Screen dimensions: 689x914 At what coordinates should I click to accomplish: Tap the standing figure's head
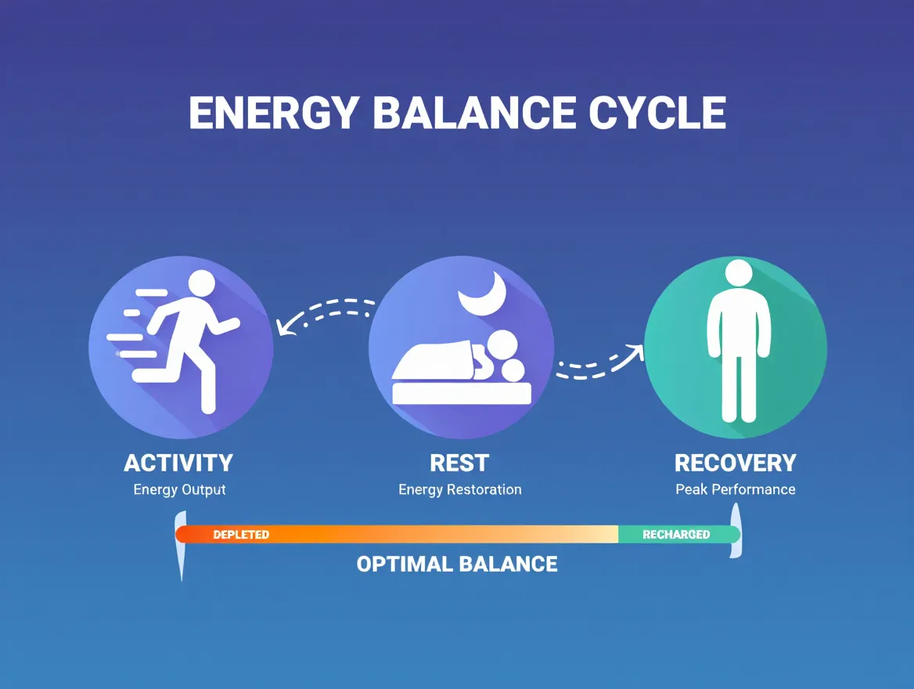click(x=738, y=274)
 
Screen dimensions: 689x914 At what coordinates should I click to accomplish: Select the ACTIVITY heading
click(x=178, y=463)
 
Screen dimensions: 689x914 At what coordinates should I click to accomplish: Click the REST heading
click(x=459, y=463)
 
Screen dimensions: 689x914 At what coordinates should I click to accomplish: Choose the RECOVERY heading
click(x=735, y=463)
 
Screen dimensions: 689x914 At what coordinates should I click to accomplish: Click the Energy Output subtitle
click(x=179, y=490)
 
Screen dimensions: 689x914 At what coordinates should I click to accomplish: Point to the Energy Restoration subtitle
click(x=459, y=490)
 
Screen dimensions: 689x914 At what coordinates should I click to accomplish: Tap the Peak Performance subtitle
click(x=735, y=490)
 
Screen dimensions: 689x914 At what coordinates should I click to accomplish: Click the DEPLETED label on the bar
click(x=241, y=535)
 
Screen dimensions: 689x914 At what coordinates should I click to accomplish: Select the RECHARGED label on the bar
click(x=675, y=535)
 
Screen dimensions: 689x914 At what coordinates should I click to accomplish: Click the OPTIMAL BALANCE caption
click(x=457, y=564)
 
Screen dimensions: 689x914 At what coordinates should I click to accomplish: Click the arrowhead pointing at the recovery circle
click(x=636, y=352)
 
